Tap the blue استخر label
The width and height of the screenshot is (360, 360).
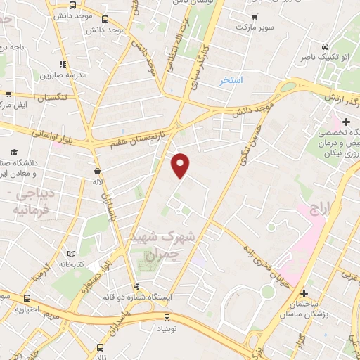pyautogui.click(x=231, y=81)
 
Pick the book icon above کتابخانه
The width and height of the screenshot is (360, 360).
pyautogui.click(x=70, y=254)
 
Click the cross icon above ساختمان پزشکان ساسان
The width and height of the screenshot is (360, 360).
pyautogui.click(x=303, y=293)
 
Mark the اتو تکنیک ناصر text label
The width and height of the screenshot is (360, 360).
pyautogui.click(x=318, y=56)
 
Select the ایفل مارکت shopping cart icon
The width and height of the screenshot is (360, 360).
pyautogui.click(x=8, y=94)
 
